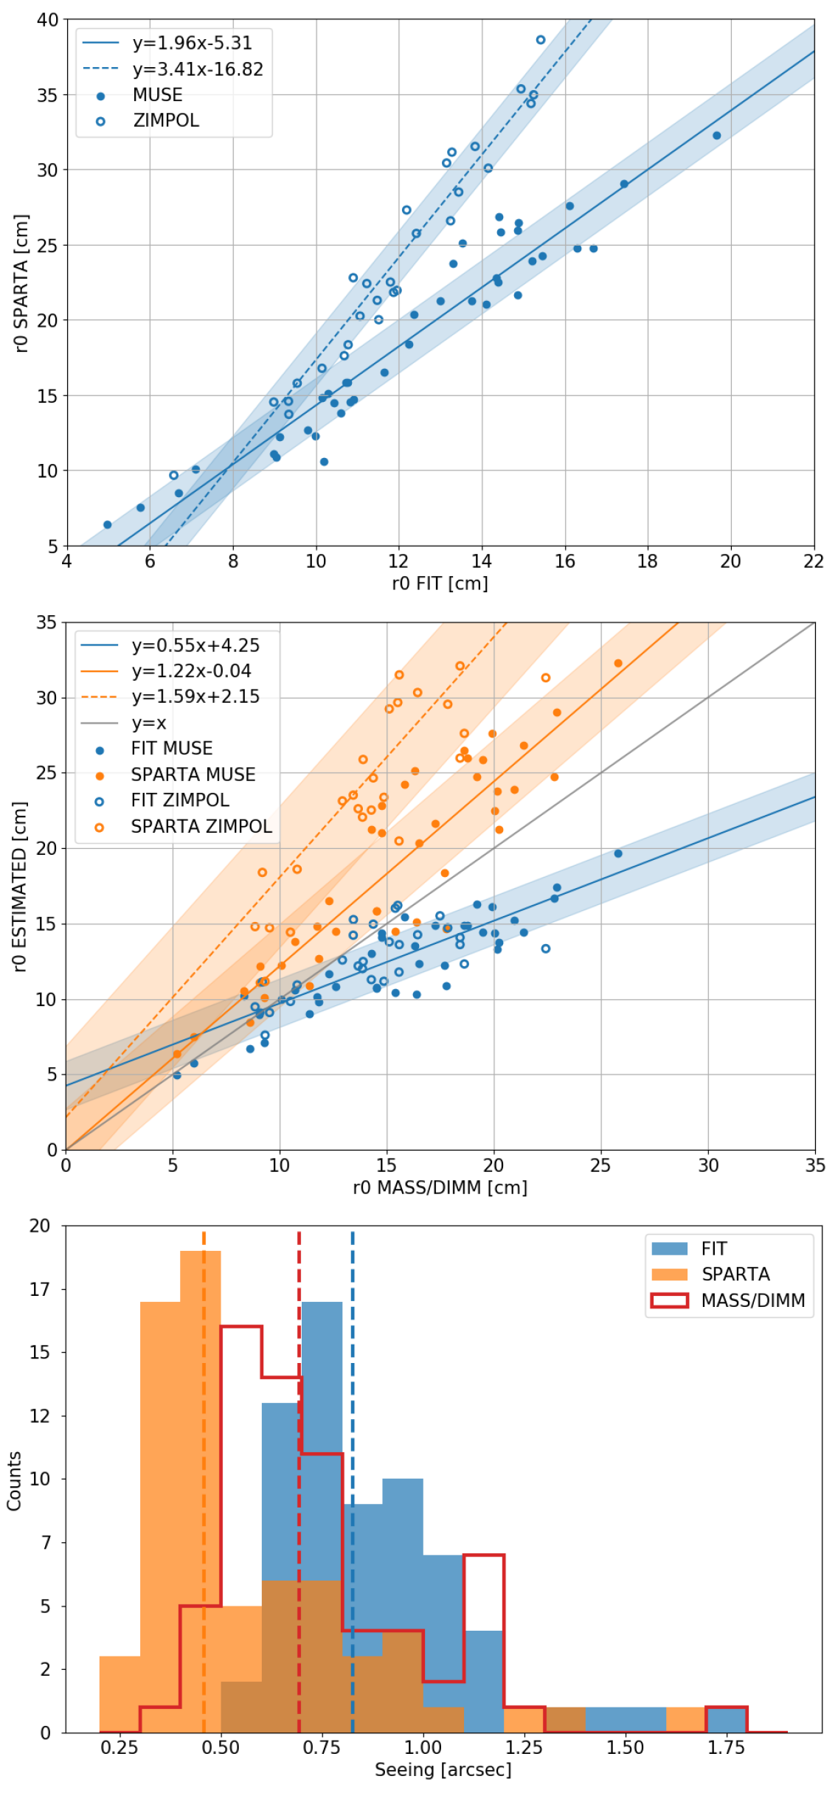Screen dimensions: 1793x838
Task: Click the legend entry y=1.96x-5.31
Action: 192,43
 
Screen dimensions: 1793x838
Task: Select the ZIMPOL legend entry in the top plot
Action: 166,120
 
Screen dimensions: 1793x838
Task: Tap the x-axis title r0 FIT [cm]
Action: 440,583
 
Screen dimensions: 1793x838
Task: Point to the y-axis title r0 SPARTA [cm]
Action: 21,283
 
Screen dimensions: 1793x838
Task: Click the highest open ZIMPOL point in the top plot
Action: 541,40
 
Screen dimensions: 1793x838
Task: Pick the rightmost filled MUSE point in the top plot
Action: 716,136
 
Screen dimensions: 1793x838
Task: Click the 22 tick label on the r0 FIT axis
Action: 814,561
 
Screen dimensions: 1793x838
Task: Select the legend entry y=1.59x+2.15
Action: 195,696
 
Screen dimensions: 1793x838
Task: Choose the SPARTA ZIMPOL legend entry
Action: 201,826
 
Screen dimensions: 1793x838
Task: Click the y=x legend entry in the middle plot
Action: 149,723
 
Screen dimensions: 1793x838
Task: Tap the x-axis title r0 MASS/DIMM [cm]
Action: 440,1187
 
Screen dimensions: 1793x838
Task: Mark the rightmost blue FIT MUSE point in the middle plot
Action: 618,853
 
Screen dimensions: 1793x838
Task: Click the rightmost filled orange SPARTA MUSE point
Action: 618,663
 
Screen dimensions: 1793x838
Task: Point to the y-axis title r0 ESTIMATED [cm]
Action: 20,887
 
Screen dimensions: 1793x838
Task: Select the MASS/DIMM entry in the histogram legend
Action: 752,1300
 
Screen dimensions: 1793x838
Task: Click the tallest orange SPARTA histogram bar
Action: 201,1490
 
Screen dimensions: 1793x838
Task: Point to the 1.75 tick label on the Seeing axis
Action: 726,1747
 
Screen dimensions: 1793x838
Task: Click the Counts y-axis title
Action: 14,1481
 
